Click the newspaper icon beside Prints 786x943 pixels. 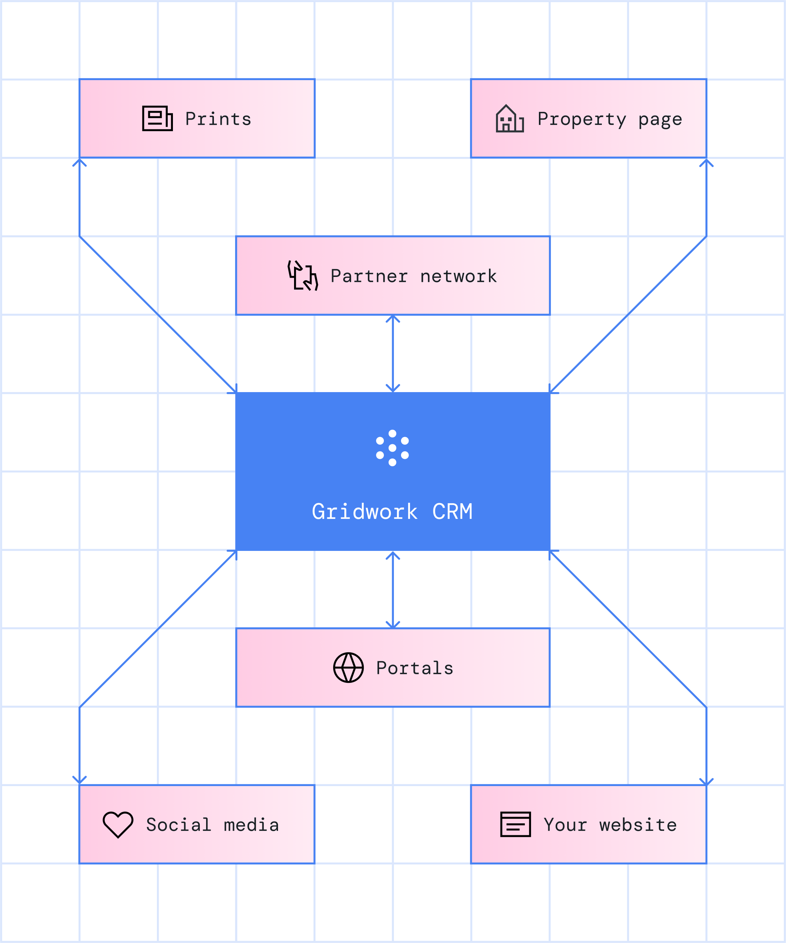(157, 119)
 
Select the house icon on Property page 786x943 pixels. (509, 119)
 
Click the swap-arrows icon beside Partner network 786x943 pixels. (303, 275)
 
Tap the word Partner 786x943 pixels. (369, 276)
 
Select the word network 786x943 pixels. (459, 276)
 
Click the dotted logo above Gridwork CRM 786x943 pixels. (392, 448)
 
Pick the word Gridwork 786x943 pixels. (364, 512)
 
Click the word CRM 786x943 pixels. (452, 512)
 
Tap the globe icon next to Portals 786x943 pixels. (348, 668)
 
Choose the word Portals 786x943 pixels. (415, 668)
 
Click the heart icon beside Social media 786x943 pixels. (118, 824)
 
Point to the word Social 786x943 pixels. (179, 825)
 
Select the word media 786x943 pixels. (251, 825)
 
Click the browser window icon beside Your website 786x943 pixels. (515, 824)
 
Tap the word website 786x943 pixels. (638, 825)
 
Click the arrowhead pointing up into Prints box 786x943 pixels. (79, 162)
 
